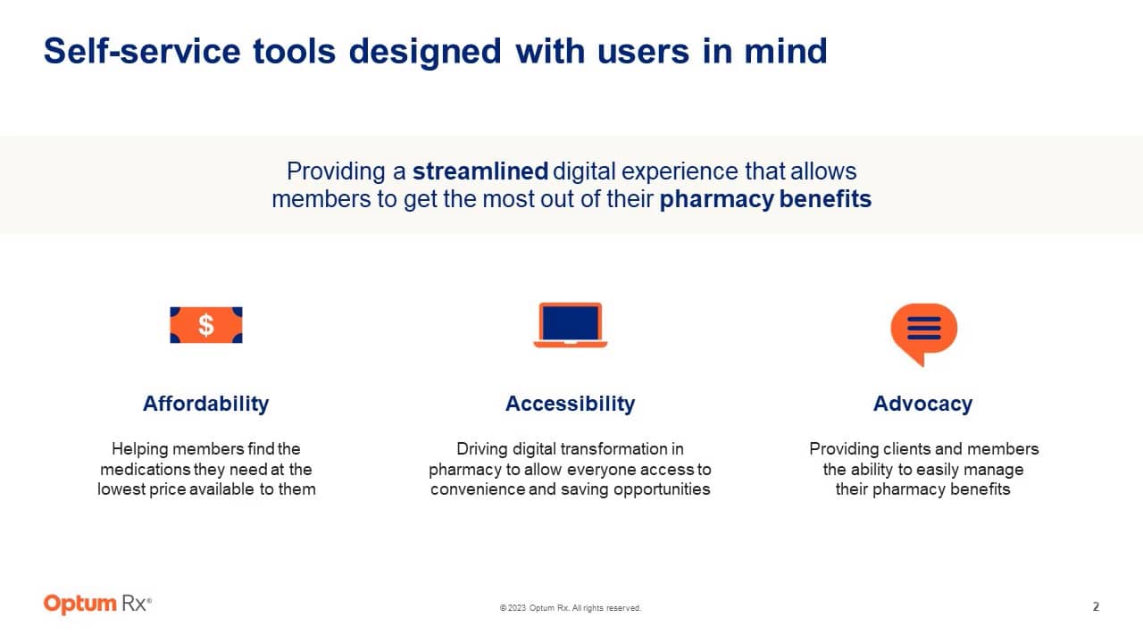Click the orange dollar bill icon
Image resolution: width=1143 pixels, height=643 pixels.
click(206, 325)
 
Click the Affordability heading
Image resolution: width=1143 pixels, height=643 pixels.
click(205, 404)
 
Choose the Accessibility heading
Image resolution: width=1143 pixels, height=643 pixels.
click(570, 404)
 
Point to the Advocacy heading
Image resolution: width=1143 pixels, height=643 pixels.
click(922, 404)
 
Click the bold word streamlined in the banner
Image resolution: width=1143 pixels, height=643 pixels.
click(480, 171)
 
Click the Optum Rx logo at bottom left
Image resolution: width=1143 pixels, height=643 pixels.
click(97, 605)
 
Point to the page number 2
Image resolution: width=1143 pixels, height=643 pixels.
click(1096, 607)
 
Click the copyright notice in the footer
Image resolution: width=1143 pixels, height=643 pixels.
click(570, 608)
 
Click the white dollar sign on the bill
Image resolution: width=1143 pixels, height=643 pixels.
click(206, 325)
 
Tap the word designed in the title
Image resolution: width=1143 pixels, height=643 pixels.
click(425, 51)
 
